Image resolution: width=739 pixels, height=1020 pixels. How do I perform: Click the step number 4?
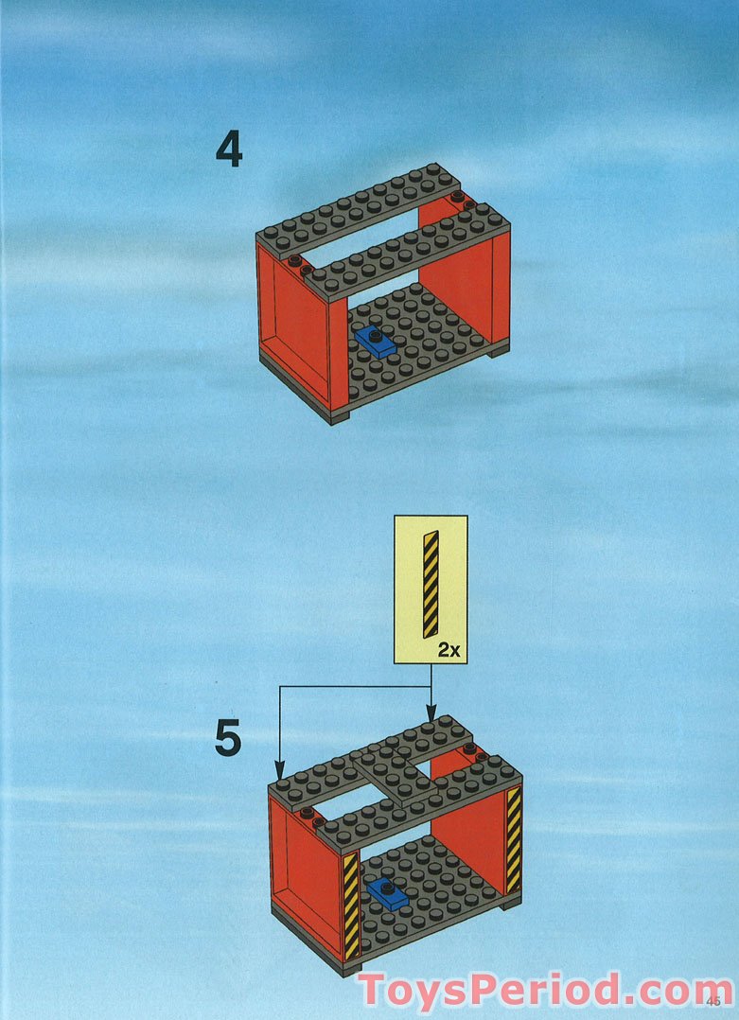point(229,150)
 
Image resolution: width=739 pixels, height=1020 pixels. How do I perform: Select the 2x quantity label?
point(449,649)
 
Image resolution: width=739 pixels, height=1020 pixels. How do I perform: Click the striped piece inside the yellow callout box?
point(431,584)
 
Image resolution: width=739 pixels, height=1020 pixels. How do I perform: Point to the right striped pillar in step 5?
point(514,840)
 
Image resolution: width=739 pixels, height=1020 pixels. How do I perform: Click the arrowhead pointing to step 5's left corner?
point(279,771)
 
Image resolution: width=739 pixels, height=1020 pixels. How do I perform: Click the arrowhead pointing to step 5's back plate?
point(431,714)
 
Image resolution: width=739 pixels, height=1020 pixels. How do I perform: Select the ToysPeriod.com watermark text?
point(544,990)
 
